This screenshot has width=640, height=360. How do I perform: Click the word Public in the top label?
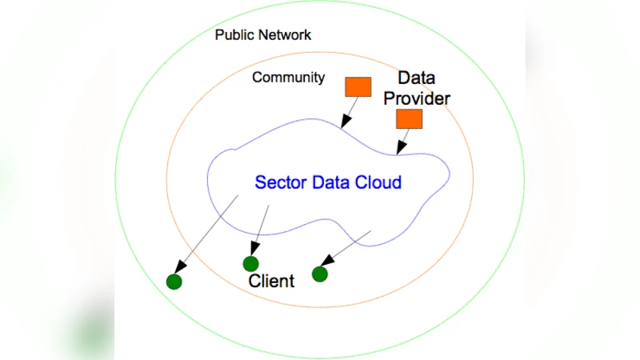pos(234,35)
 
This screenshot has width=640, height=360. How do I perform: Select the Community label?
pos(288,78)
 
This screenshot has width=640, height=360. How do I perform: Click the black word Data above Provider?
pos(416,78)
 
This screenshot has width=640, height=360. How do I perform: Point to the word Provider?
pos(423,98)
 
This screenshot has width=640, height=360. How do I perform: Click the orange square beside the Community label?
pos(358,86)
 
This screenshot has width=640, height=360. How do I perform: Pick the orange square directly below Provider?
pos(409,119)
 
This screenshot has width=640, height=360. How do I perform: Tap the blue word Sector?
pos(277,182)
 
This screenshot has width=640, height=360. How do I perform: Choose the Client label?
pos(271,281)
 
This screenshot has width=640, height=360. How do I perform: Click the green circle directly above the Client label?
pos(250,263)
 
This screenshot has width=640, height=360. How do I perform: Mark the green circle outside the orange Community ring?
pos(174,281)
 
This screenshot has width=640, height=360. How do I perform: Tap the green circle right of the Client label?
pos(320,274)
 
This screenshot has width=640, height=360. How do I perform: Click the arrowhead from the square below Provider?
pos(398,150)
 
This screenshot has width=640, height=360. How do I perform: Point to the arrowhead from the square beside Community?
pos(343,124)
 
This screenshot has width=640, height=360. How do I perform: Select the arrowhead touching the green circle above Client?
pos(254,250)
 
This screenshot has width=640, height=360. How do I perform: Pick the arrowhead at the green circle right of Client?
pos(326,262)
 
